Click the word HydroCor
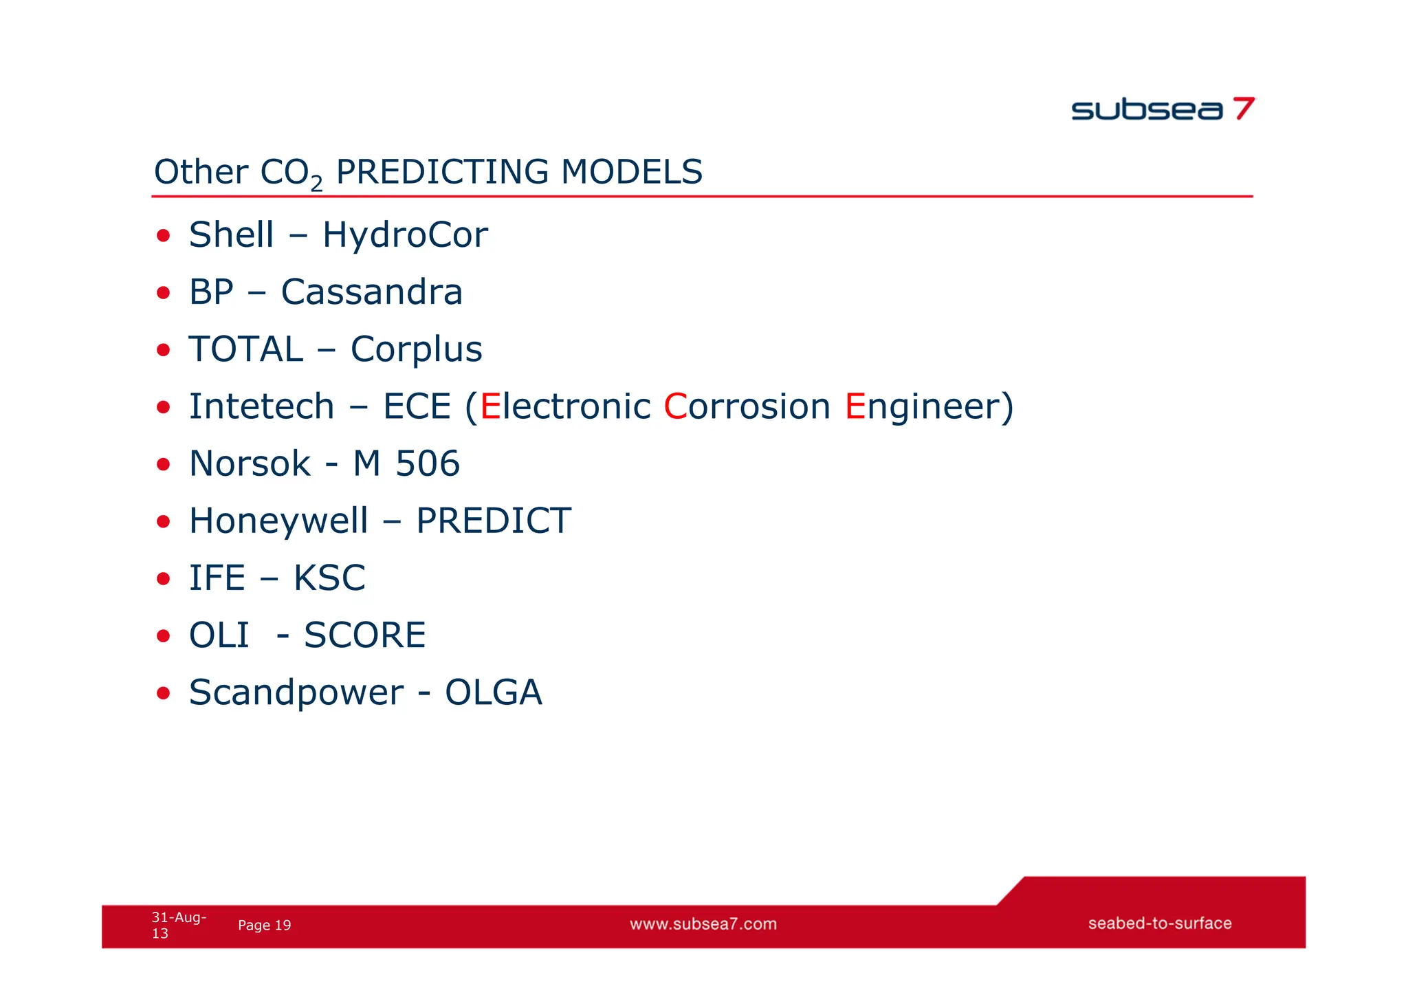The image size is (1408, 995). click(x=405, y=235)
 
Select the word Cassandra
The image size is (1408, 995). click(x=371, y=292)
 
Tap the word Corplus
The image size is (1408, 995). click(x=416, y=349)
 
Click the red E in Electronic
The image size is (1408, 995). click(x=490, y=406)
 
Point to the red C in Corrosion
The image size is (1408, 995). click(x=675, y=406)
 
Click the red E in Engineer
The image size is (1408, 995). click(x=855, y=406)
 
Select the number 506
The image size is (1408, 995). click(x=427, y=463)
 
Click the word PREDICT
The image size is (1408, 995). click(x=493, y=521)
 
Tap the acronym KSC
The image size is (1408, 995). click(x=329, y=578)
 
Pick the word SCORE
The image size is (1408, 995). click(x=364, y=635)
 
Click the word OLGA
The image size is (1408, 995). click(x=493, y=692)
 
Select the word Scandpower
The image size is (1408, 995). click(x=296, y=693)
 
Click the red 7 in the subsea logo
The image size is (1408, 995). click(x=1243, y=109)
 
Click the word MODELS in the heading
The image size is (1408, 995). click(x=631, y=172)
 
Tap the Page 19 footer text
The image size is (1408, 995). click(x=264, y=926)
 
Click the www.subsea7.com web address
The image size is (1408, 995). click(x=703, y=924)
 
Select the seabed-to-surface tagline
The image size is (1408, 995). click(x=1159, y=923)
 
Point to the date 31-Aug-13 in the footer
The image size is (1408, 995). click(x=177, y=925)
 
